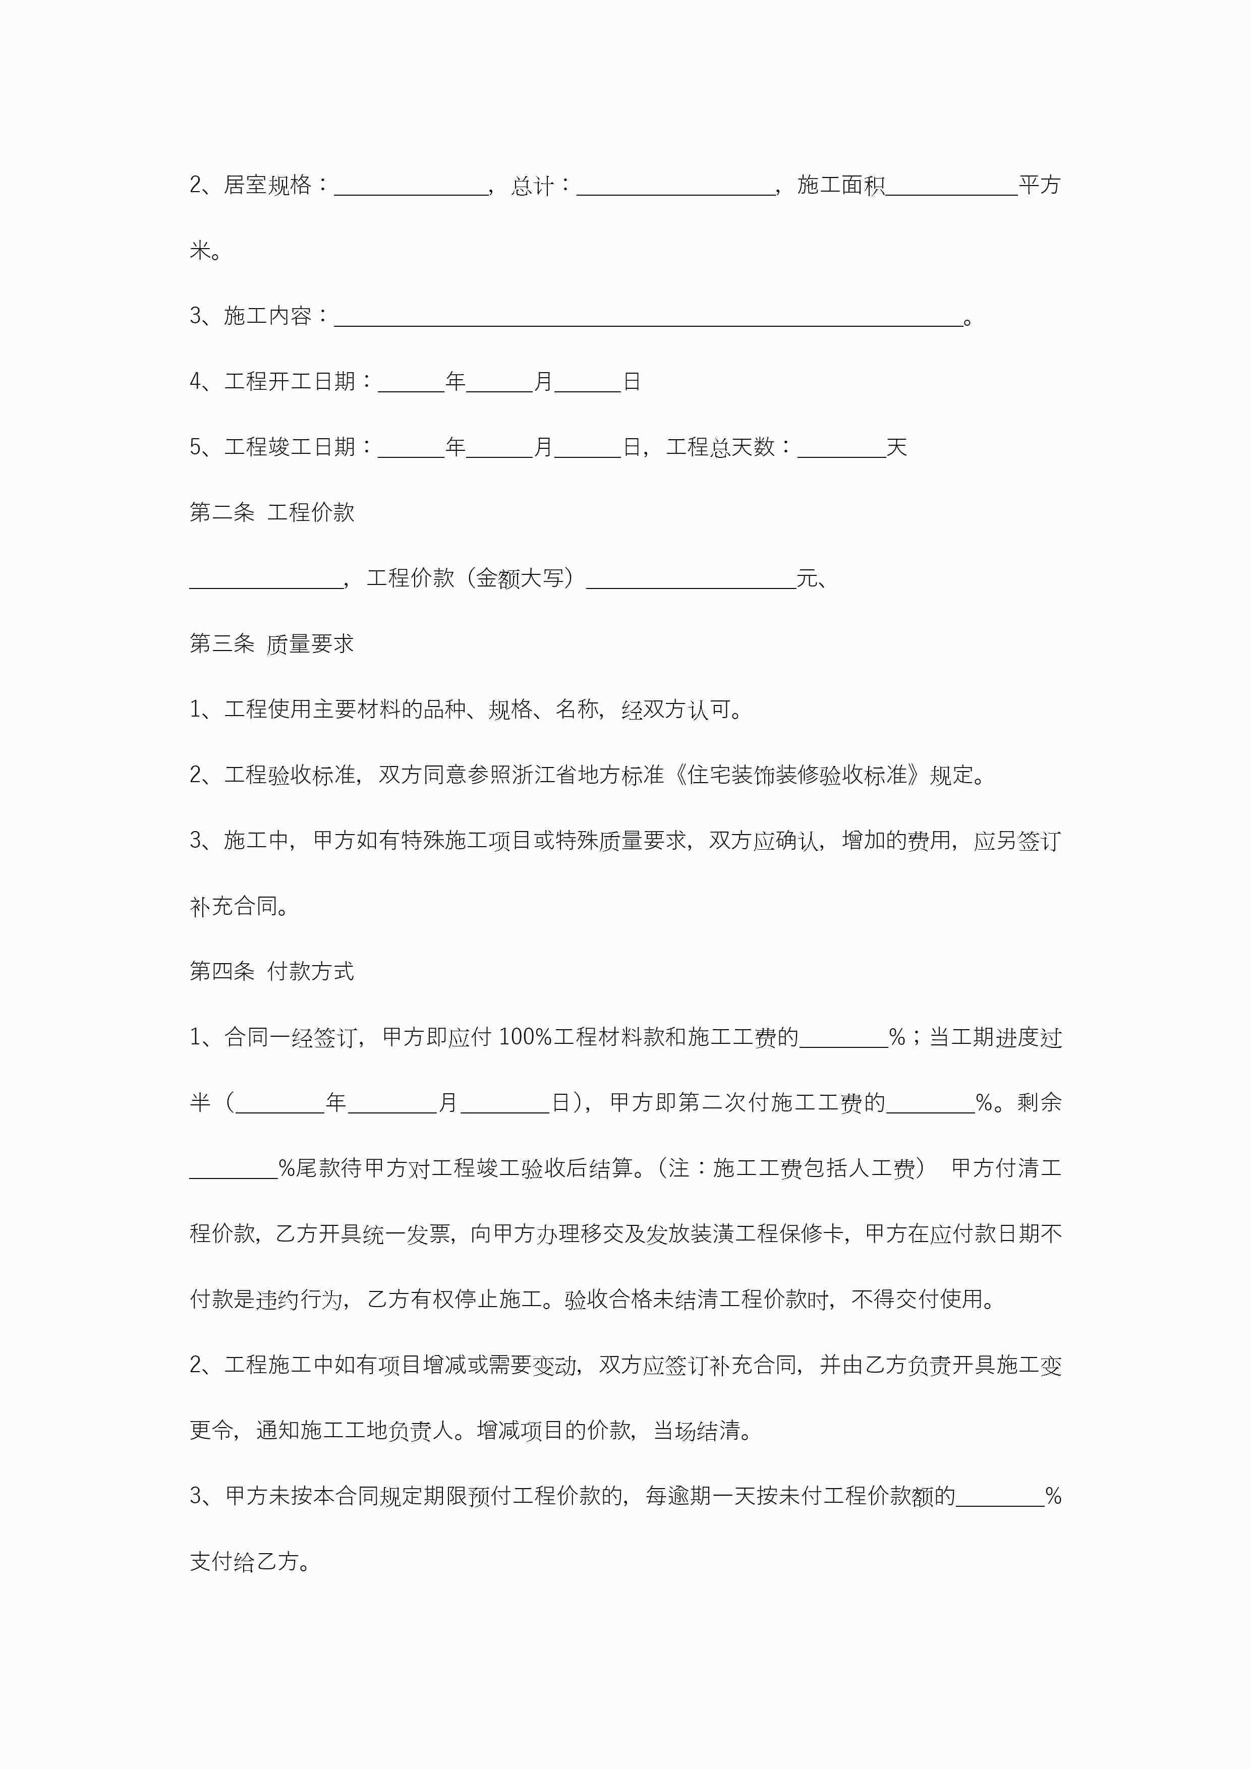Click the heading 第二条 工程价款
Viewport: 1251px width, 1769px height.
point(272,512)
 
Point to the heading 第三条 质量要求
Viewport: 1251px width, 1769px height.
point(272,643)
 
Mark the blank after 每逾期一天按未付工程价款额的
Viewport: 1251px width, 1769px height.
point(999,1497)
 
